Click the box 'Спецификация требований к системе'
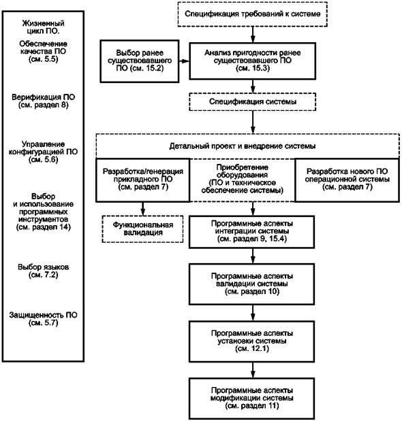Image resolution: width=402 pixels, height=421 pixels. (x=253, y=14)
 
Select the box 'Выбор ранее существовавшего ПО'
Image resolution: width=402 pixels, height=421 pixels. (x=140, y=61)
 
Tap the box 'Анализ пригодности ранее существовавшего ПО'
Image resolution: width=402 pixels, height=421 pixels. (x=253, y=61)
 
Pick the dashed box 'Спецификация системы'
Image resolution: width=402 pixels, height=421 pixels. (x=253, y=102)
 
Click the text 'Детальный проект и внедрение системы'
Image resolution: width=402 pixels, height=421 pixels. (x=243, y=146)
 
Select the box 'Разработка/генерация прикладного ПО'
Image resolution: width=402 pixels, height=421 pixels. (x=143, y=180)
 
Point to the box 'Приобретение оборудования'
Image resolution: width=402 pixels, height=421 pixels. (x=243, y=180)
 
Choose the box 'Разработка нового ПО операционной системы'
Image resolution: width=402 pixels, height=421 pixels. (x=347, y=180)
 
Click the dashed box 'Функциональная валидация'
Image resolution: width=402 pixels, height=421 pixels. (x=143, y=229)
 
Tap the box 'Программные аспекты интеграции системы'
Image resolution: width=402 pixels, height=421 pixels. (x=252, y=232)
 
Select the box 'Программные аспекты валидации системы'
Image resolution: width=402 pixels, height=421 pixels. (x=252, y=284)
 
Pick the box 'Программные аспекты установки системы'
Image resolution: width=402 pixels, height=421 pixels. (x=252, y=341)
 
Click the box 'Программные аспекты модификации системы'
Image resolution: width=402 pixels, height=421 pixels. (x=252, y=399)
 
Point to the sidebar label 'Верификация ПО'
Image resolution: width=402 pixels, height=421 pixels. (x=44, y=101)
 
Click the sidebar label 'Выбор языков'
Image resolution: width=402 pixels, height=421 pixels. (x=44, y=271)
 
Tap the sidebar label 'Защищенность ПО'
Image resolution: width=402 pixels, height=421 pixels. (x=44, y=319)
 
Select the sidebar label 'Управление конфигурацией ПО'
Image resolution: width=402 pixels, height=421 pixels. (x=44, y=152)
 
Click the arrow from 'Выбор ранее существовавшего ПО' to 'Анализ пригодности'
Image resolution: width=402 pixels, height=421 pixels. (x=184, y=61)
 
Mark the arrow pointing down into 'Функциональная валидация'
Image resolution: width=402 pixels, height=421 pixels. (x=143, y=209)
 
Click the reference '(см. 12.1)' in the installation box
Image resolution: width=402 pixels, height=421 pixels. (x=252, y=349)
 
